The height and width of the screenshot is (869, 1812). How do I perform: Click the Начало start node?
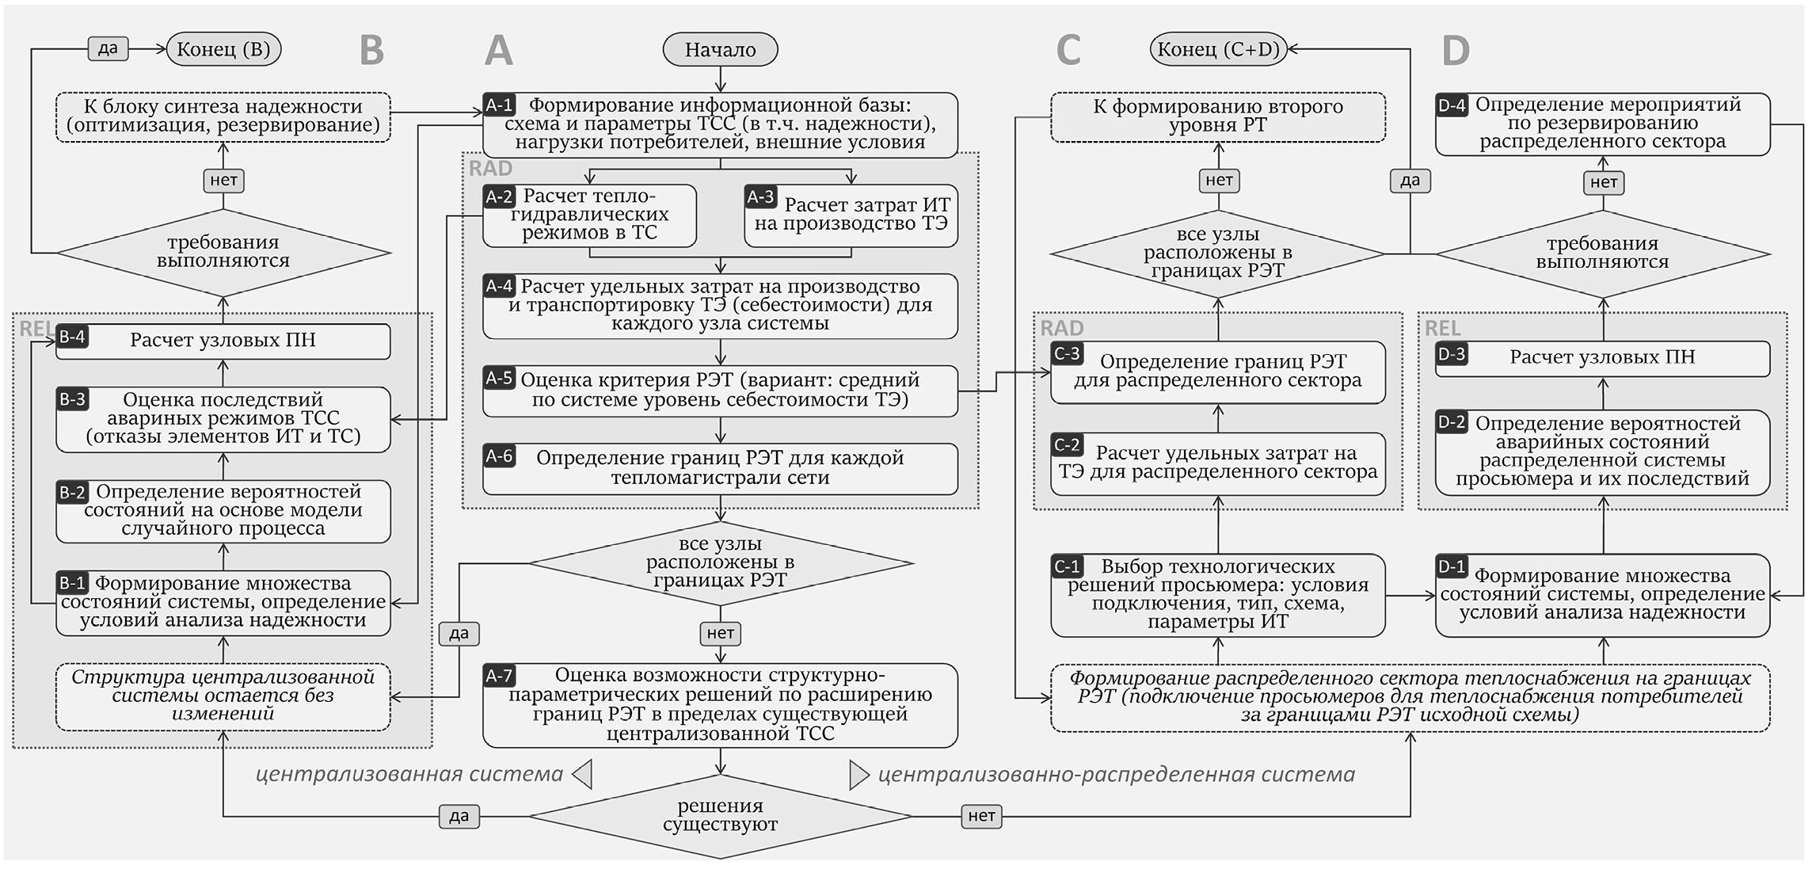[x=720, y=49]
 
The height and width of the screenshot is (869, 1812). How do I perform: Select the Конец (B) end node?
[x=223, y=49]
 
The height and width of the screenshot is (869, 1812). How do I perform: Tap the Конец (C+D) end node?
[x=1218, y=49]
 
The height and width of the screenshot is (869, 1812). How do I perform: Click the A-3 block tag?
[x=760, y=196]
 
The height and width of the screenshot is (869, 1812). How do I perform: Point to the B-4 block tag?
[x=72, y=337]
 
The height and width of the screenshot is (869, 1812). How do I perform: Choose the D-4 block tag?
[x=1452, y=105]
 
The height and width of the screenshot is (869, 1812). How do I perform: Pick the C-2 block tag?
[x=1067, y=444]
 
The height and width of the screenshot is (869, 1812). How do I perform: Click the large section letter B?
[x=371, y=50]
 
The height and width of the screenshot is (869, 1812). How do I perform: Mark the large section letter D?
[x=1456, y=50]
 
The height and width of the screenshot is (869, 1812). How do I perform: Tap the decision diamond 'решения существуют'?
[x=720, y=815]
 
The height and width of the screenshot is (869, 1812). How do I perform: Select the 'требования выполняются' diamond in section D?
[x=1602, y=253]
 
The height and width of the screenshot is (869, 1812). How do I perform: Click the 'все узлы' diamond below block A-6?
[x=720, y=562]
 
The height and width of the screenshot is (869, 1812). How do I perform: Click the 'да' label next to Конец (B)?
[x=108, y=48]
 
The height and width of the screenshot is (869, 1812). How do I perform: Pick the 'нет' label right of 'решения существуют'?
[x=981, y=815]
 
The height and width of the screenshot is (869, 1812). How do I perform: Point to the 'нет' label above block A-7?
[x=720, y=633]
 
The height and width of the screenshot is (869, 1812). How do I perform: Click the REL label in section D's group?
[x=1442, y=328]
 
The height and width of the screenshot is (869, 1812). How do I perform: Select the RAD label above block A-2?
[x=490, y=168]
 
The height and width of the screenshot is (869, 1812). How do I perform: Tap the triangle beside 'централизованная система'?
[x=583, y=774]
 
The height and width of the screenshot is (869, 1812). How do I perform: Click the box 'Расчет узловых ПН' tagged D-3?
[x=1602, y=358]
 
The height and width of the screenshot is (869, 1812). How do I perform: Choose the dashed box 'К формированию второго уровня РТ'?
[x=1218, y=116]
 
